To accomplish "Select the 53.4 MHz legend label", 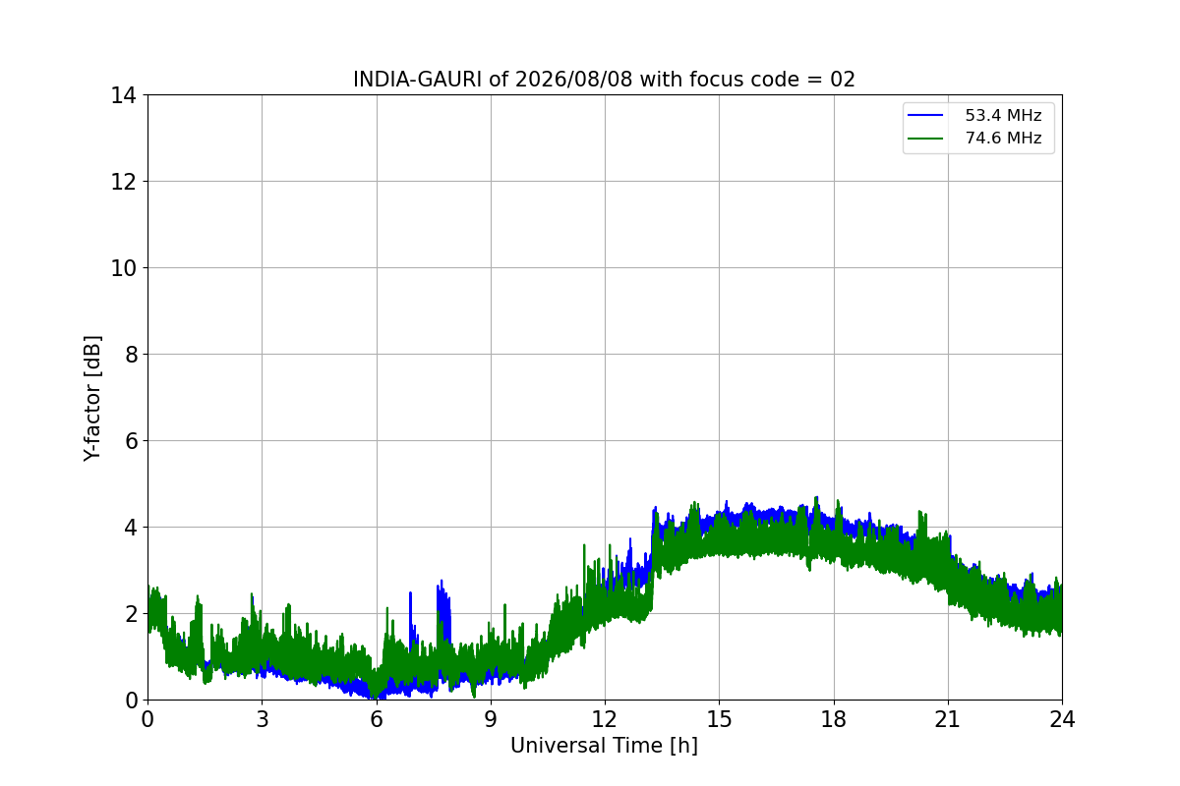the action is tap(1003, 115).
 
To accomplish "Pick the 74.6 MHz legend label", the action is tap(1003, 138).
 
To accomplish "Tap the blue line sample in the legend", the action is tap(925, 115).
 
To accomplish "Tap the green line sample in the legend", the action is tap(925, 139).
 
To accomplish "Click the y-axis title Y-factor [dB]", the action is tap(92, 399).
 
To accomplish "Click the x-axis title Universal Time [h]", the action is tap(604, 746).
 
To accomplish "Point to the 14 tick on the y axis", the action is tap(123, 95).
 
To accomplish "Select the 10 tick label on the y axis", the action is tap(123, 268).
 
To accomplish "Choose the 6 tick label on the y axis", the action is tap(131, 440).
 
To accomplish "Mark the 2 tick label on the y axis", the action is tap(131, 614).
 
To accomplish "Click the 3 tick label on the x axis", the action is tap(263, 719).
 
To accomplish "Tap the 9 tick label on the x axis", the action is tap(491, 719).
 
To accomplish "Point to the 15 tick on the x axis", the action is tap(719, 719).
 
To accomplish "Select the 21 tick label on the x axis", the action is tap(948, 719).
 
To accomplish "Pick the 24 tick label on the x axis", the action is tap(1062, 719).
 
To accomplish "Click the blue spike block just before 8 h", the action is tap(444, 611).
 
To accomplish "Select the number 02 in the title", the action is tap(843, 80).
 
